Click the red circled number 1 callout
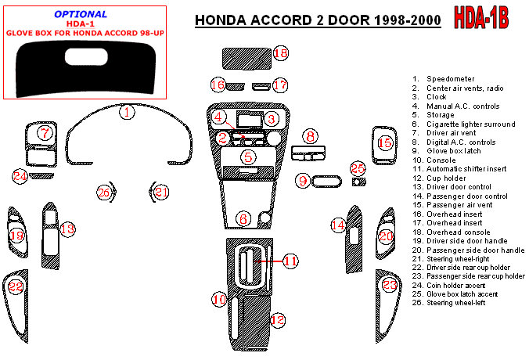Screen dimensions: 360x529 [x=126, y=112]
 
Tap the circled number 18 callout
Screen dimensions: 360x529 [x=281, y=53]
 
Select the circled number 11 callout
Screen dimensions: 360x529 [x=290, y=261]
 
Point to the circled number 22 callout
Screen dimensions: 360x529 [x=16, y=288]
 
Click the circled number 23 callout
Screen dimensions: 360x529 [x=390, y=286]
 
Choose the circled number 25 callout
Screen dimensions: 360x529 [x=358, y=169]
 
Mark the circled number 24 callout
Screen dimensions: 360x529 [x=20, y=176]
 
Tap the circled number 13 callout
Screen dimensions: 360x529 [x=68, y=229]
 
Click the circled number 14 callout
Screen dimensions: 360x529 [x=337, y=226]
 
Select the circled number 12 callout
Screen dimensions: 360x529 [x=277, y=320]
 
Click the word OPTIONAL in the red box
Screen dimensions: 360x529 [x=81, y=14]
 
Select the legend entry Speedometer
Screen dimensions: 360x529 [x=451, y=79]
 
